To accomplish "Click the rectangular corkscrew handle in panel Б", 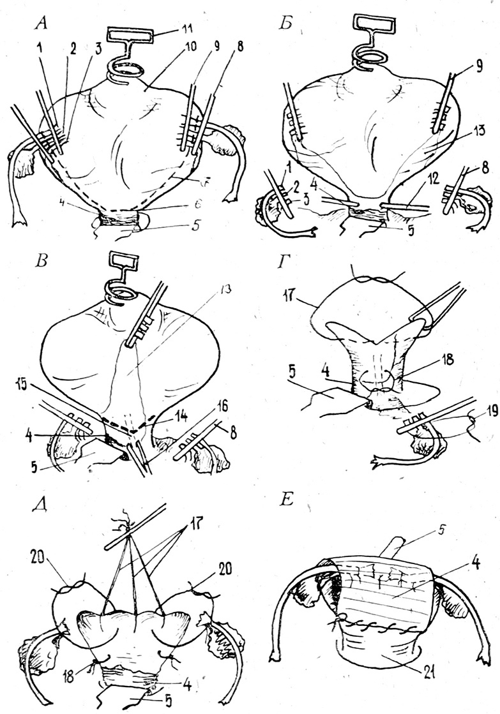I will point(369,25).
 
